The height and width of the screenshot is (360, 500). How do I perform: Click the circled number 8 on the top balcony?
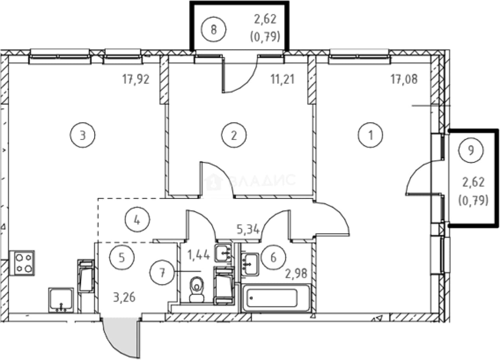point(214,30)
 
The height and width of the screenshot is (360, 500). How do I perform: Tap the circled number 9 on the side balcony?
point(471,150)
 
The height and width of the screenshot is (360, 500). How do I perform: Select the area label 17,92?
point(136,79)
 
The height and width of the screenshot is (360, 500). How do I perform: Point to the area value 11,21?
point(283,79)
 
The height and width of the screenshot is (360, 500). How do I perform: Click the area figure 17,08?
point(404,79)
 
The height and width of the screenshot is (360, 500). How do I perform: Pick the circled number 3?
point(83,135)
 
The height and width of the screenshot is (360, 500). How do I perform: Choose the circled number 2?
point(234,135)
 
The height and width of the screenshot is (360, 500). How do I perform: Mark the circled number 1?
point(370,135)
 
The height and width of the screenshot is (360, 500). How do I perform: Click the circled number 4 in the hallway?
point(137,220)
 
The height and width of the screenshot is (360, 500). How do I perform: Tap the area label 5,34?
point(248,230)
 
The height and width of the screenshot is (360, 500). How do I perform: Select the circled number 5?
point(122,258)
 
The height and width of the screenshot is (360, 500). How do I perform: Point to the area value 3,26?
point(124,297)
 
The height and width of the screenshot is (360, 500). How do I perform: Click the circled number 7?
point(162,272)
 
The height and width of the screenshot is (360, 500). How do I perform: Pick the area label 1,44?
point(199,255)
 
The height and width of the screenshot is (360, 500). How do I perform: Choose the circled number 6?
point(274,258)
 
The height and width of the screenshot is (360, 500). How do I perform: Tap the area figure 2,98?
point(296,273)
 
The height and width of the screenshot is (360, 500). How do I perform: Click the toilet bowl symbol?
point(197,289)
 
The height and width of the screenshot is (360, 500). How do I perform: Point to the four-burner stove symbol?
point(24,263)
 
